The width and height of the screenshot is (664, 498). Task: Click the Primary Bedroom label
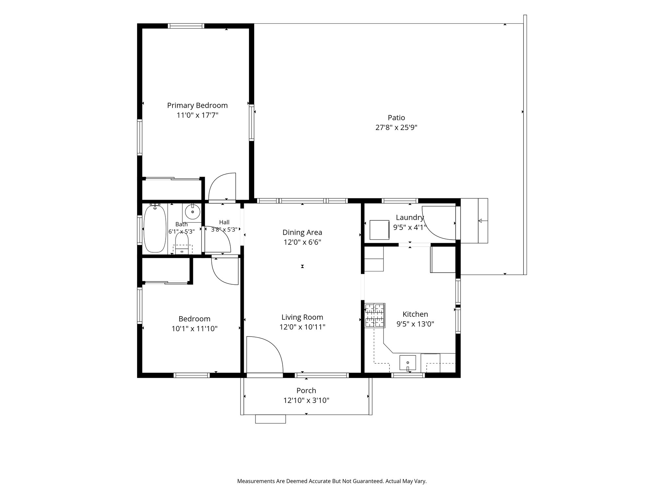pos(197,105)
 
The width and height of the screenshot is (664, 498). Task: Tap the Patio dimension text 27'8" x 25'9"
pos(396,127)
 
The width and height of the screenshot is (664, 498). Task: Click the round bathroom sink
pos(193,212)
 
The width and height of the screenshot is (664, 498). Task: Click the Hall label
pos(224,222)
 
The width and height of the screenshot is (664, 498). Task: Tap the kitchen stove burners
pos(375,315)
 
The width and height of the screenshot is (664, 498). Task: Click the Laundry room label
pos(410,218)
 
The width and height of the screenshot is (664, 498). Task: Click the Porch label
pos(306,391)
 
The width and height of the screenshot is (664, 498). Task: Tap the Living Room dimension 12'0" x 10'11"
pos(302,327)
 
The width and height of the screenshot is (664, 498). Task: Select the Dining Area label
pos(302,232)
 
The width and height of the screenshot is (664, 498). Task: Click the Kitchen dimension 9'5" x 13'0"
pos(415,324)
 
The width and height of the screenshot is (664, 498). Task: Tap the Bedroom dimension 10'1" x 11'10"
pos(194,329)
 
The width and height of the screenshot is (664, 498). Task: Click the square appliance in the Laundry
pos(379,230)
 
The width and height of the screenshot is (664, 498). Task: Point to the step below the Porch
pos(270,419)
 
